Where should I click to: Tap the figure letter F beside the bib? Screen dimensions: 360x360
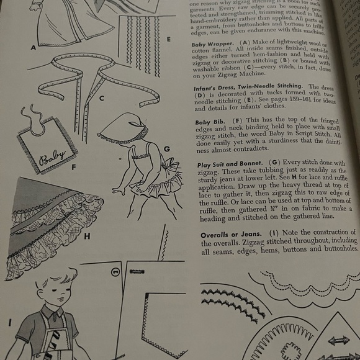pyautogui.click(x=74, y=166)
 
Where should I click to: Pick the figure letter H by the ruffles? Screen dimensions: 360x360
pyautogui.click(x=87, y=236)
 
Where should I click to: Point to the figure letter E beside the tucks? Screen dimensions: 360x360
pyautogui.click(x=168, y=39)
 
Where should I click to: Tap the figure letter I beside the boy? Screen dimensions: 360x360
pyautogui.click(x=9, y=322)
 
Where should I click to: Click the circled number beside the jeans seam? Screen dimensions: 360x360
pyautogui.click(x=115, y=271)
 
